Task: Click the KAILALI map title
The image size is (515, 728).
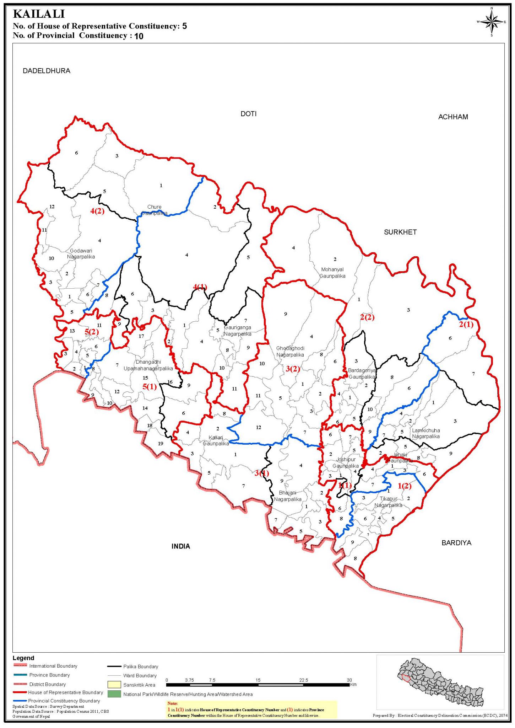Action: pyautogui.click(x=39, y=14)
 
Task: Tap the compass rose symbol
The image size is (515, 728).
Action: pyautogui.click(x=492, y=22)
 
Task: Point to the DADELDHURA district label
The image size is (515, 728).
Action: pyautogui.click(x=47, y=71)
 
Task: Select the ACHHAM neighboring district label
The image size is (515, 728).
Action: pyautogui.click(x=453, y=117)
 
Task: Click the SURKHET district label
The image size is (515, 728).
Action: pyautogui.click(x=400, y=232)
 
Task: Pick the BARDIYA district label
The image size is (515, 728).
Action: pyautogui.click(x=456, y=543)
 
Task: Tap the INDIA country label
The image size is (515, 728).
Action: pyautogui.click(x=181, y=546)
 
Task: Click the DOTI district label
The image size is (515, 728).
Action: pyautogui.click(x=248, y=114)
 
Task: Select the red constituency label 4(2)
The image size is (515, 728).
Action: pyautogui.click(x=97, y=211)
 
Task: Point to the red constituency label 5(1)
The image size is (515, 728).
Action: pyautogui.click(x=150, y=387)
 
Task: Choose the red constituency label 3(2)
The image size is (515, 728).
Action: pyautogui.click(x=293, y=369)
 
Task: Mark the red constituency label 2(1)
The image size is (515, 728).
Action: pyautogui.click(x=466, y=324)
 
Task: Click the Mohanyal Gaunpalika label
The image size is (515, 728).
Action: pyautogui.click(x=332, y=273)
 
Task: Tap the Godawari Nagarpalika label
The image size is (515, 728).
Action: pyautogui.click(x=81, y=254)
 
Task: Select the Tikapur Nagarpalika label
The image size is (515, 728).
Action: pyautogui.click(x=388, y=502)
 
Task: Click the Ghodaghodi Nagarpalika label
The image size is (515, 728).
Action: pyautogui.click(x=290, y=352)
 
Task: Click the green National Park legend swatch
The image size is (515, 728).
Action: pyautogui.click(x=114, y=694)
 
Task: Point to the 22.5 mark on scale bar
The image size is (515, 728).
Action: pyautogui.click(x=303, y=680)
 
